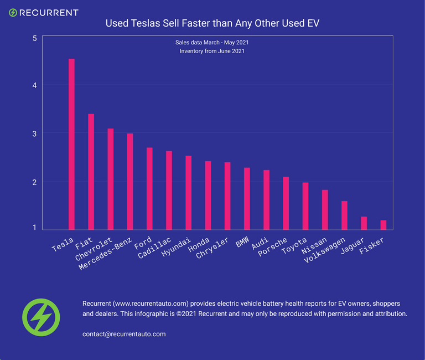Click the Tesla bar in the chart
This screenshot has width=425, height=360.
[x=71, y=144]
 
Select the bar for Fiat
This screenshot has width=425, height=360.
[x=91, y=172]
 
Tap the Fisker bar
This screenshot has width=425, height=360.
[x=383, y=225]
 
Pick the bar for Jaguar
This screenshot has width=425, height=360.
[x=364, y=223]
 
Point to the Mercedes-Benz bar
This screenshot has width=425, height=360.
[x=130, y=181]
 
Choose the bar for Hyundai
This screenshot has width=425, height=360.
[x=188, y=192]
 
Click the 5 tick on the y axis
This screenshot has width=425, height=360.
[x=35, y=38]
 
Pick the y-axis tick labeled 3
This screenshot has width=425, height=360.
[x=35, y=133]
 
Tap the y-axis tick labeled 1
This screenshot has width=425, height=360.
[x=35, y=227]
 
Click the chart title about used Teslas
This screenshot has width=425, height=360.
[x=212, y=23]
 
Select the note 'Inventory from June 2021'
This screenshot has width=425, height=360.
[x=212, y=51]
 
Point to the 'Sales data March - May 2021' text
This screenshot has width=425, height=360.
[x=212, y=42]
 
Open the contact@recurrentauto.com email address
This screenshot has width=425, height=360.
[x=124, y=334]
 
